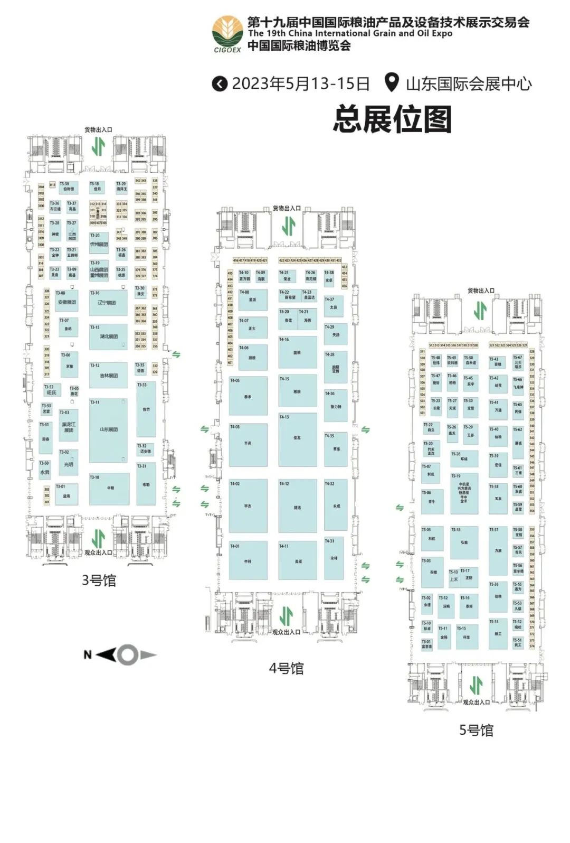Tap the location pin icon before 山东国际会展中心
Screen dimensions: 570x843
pos(391,83)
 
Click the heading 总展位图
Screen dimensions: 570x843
pos(392,119)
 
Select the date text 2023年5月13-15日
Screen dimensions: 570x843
pos(300,83)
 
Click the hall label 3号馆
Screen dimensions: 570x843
pos(99,580)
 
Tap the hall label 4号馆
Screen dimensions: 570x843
pos(286,668)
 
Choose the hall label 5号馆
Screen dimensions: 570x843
pos(476,730)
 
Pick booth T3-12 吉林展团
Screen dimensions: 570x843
pos(108,375)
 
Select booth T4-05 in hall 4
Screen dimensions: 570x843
pos(248,396)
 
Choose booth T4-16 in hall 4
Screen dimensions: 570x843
pos(298,352)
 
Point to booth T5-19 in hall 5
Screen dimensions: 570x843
pos(464,493)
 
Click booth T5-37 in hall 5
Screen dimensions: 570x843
pos(498,550)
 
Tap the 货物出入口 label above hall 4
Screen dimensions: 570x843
pos(287,209)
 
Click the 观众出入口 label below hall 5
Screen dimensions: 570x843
pos(476,702)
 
